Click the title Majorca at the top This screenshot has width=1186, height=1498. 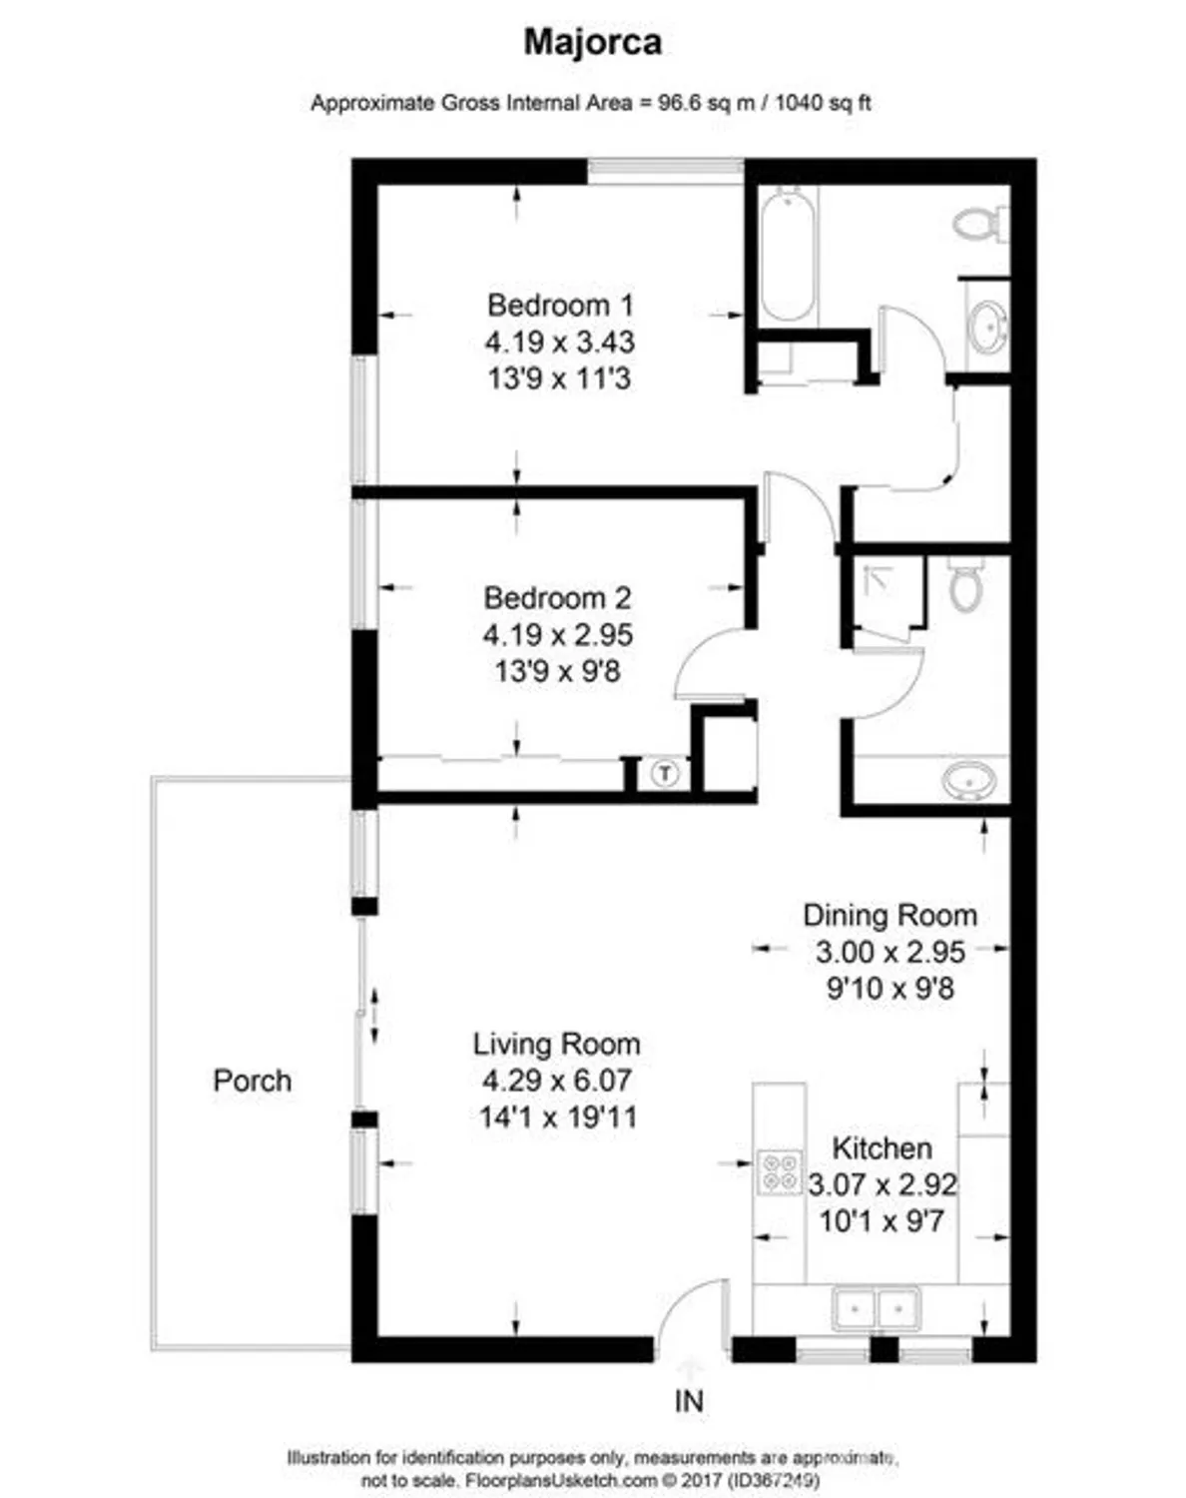coord(592,42)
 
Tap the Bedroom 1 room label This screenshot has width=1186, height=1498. coord(559,305)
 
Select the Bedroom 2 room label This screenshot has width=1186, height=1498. coord(557,598)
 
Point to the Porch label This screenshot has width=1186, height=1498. coord(253,1081)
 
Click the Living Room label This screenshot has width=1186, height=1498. coord(556,1045)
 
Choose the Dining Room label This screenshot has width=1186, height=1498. coord(889,916)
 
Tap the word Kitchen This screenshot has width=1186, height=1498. coord(882,1148)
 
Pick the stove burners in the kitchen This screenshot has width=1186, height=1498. coord(780,1171)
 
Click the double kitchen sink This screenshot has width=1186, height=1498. coord(877,1307)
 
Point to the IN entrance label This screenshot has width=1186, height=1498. coord(689,1401)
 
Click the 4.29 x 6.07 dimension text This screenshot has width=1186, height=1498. coord(556,1081)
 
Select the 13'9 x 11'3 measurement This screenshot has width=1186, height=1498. coord(559,378)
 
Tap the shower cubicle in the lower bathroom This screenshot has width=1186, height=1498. coord(881,592)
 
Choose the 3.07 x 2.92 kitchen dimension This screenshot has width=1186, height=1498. coord(882,1185)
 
